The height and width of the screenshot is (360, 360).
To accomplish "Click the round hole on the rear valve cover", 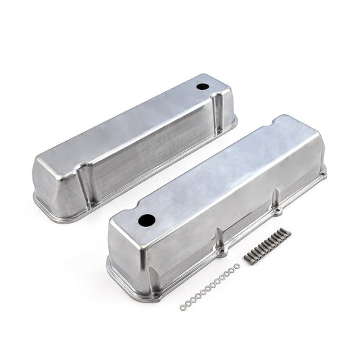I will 202,88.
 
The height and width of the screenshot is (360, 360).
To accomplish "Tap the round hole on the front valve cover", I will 147,220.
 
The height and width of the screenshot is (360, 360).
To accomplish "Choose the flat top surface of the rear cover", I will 135,115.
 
